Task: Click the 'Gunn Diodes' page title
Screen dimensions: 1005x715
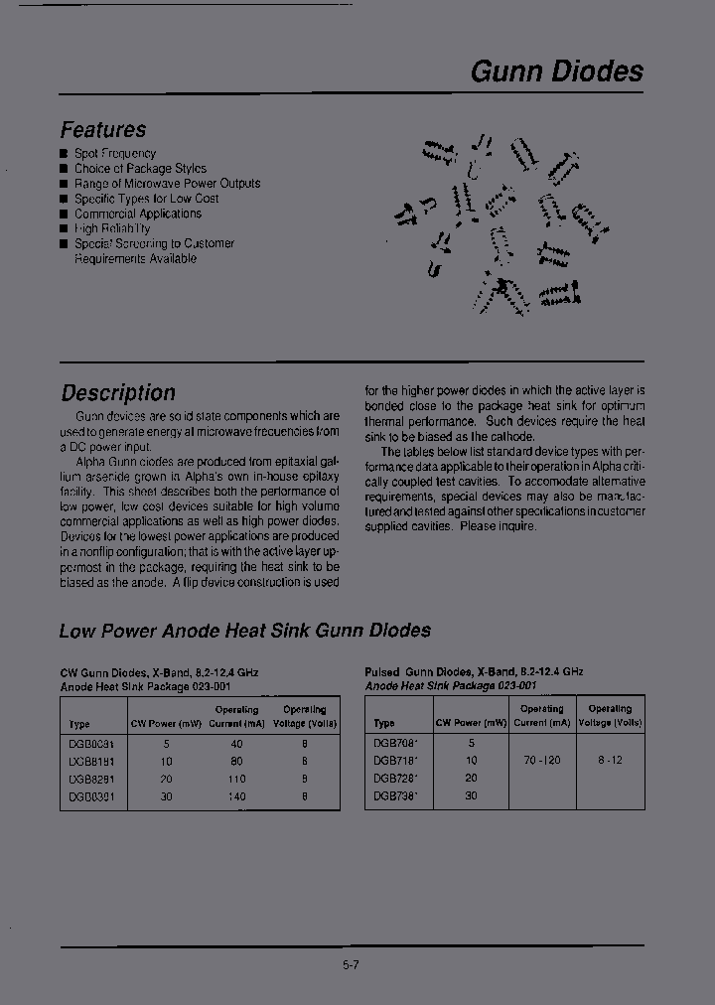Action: pos(556,72)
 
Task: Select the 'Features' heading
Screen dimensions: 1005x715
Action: pos(103,130)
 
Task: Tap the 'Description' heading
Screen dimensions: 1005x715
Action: pos(118,393)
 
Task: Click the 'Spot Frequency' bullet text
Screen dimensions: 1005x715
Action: pos(115,154)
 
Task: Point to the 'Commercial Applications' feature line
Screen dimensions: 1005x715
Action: pos(138,214)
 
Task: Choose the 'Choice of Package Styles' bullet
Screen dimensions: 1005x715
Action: pos(140,169)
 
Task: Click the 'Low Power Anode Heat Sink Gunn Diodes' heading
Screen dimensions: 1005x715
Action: pos(244,631)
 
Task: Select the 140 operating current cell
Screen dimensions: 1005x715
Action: pos(237,795)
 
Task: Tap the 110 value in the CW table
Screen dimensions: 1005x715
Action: pos(237,779)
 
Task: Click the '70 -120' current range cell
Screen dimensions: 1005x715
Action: pos(541,760)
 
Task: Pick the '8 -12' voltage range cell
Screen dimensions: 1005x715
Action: pos(609,760)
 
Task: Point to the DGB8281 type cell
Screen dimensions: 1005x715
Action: pos(91,779)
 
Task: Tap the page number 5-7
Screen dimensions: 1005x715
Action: pos(351,964)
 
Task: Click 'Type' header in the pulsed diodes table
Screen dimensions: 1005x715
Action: pos(384,723)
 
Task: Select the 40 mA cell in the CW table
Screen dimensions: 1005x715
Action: pos(237,743)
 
